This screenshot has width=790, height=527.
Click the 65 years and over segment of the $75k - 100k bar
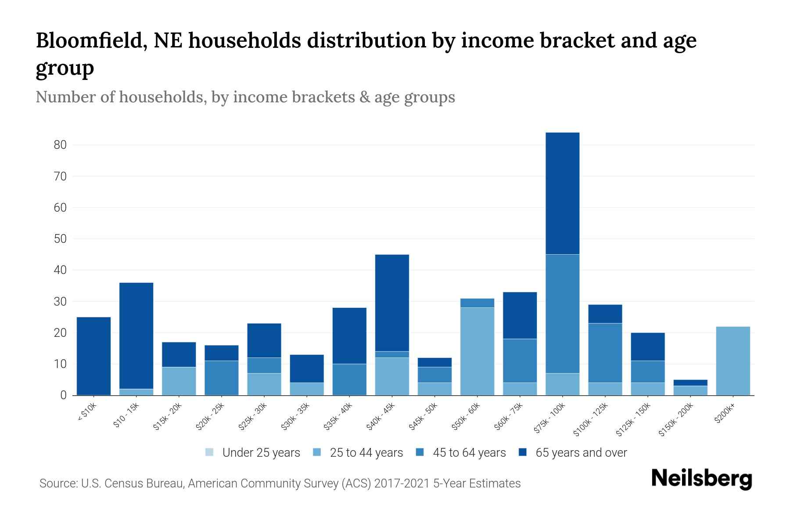tap(562, 193)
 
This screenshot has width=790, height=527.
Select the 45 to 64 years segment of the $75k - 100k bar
tap(562, 314)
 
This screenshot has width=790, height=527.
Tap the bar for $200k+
tap(733, 361)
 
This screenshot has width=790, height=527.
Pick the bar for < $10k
tap(93, 356)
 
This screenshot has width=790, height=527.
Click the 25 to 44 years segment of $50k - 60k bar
tap(477, 351)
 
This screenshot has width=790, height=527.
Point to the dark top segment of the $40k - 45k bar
tap(392, 303)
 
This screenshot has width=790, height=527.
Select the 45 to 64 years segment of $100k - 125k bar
tap(605, 353)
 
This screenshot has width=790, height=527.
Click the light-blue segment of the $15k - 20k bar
tap(179, 381)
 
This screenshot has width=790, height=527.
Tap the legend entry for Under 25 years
tap(253, 453)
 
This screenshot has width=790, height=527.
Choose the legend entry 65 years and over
tap(573, 453)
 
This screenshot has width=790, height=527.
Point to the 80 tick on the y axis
tap(60, 145)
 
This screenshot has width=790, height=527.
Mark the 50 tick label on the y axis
tap(60, 239)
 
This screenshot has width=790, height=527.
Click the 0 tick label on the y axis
tap(63, 395)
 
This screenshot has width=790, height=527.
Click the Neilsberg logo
tap(701, 479)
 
